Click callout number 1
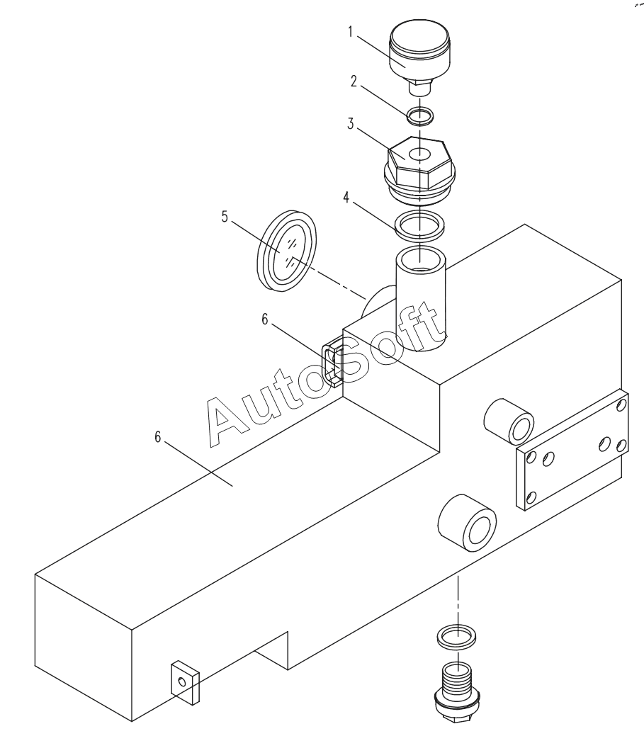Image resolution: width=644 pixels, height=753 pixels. coord(350,32)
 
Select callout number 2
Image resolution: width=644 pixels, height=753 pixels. coord(354,81)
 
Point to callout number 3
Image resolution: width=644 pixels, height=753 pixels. coord(351,124)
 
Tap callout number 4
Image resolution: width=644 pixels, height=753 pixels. coord(346,197)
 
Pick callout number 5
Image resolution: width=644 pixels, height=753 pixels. coord(225,217)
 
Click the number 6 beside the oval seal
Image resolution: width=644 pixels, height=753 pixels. coord(264,319)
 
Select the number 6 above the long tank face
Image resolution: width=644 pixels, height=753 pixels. coord(157,437)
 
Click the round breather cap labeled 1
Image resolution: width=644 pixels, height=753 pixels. coord(419,57)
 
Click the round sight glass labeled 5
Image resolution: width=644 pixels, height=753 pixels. coord(287,251)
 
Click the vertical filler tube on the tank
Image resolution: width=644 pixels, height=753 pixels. coord(420,298)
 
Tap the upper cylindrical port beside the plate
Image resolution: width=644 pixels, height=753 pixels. coord(509,421)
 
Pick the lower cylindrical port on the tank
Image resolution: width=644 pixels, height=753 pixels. coord(467,523)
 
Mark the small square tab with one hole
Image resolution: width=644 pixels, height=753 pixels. coord(185,682)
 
